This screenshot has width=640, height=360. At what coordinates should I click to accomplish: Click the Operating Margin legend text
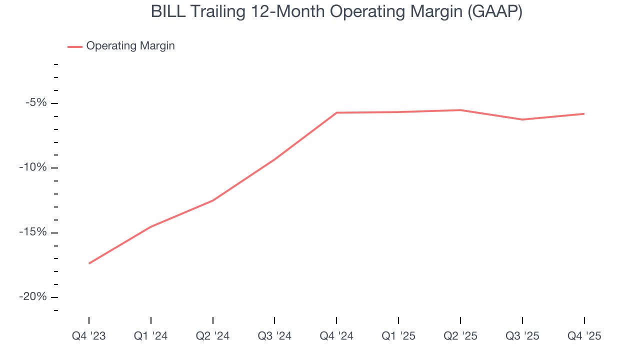click(x=130, y=46)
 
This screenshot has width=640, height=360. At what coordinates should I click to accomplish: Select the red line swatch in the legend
click(x=75, y=46)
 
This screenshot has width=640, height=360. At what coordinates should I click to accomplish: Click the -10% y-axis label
click(x=33, y=167)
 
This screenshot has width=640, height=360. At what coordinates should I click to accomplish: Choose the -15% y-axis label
click(x=33, y=232)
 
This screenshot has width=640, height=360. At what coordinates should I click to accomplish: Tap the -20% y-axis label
click(x=33, y=297)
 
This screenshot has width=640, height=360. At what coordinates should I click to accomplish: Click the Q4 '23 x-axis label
click(x=89, y=336)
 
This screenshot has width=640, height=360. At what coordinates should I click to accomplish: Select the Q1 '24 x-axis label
click(x=151, y=336)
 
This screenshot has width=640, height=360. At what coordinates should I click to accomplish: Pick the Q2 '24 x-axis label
click(x=213, y=336)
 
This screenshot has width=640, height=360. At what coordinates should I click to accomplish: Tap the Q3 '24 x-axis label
click(x=274, y=336)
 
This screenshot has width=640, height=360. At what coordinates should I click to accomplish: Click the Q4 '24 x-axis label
click(x=336, y=336)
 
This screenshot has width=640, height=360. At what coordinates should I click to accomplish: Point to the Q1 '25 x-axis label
click(x=398, y=336)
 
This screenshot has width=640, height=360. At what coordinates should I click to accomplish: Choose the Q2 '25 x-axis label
click(x=460, y=336)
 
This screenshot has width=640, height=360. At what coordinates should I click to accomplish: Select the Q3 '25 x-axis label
click(x=522, y=336)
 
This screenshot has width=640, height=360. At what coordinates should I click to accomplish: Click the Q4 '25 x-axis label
click(x=584, y=336)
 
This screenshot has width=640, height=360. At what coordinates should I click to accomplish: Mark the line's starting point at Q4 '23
click(x=89, y=263)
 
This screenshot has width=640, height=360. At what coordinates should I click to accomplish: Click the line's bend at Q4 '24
click(x=336, y=113)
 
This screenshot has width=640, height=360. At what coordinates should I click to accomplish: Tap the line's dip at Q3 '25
click(x=522, y=119)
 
